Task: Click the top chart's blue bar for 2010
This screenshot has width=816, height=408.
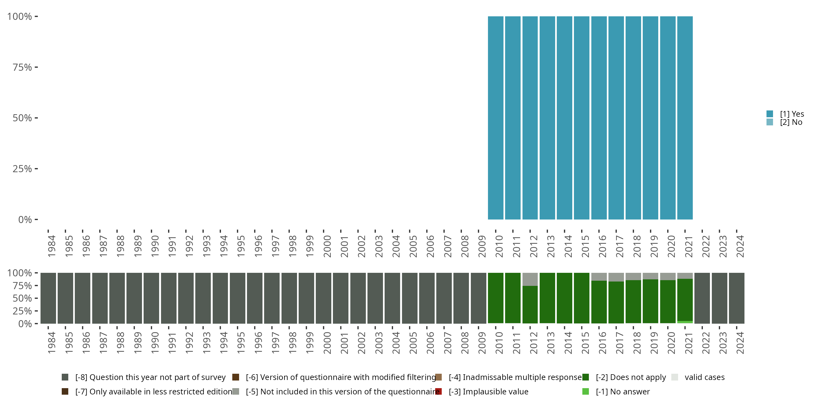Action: coord(495,118)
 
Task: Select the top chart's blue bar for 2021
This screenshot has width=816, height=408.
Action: coord(685,118)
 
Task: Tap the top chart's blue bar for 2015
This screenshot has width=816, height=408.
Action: coord(582,118)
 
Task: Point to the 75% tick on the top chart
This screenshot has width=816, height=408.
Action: coord(23,67)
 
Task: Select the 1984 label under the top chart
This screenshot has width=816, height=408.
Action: coord(52,246)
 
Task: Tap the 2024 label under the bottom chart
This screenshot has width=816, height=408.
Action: coord(740,343)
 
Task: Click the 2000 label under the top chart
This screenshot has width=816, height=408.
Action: coord(327,246)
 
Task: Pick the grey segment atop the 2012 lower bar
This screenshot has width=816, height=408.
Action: coord(530,279)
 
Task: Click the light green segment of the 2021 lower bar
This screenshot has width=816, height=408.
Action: coord(685,322)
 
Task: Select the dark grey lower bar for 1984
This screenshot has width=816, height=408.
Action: coord(48,298)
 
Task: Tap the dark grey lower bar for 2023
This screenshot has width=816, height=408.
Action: coord(719,298)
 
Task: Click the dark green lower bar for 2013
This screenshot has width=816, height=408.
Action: coord(547,298)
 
